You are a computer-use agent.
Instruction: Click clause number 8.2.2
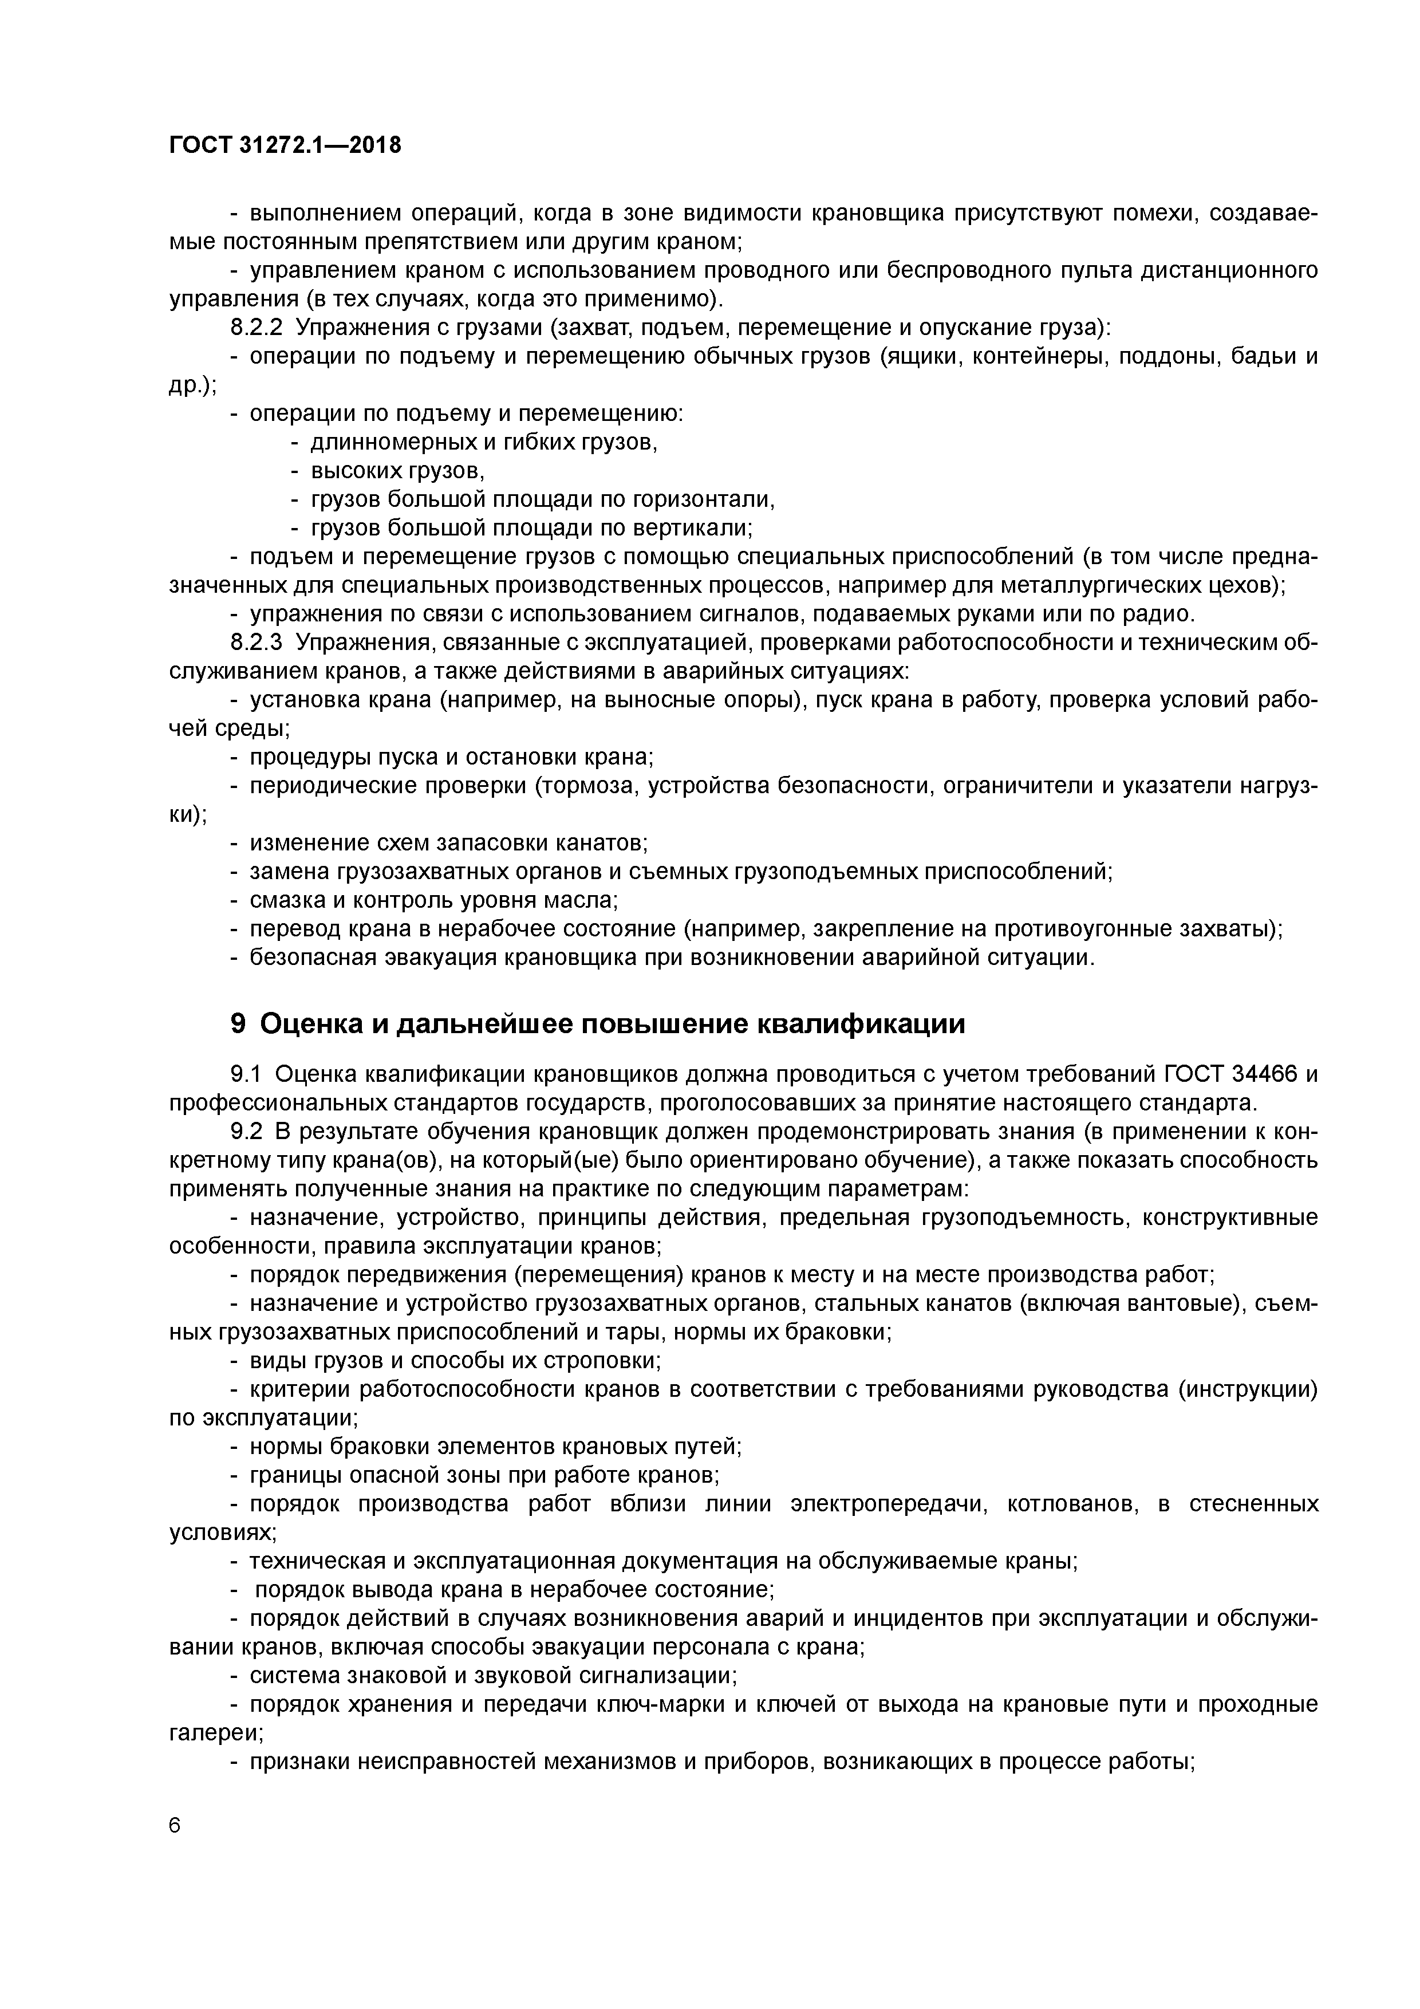(x=257, y=328)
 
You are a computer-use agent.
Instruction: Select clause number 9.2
(x=246, y=1132)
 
